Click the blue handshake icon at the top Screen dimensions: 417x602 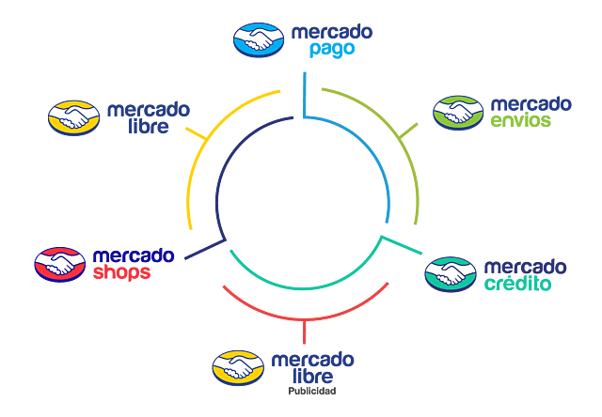click(258, 39)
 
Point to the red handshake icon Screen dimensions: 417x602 click(58, 264)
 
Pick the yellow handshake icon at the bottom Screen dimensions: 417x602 click(236, 366)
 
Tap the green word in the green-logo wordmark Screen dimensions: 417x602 click(530, 122)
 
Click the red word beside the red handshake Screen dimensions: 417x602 click(121, 275)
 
